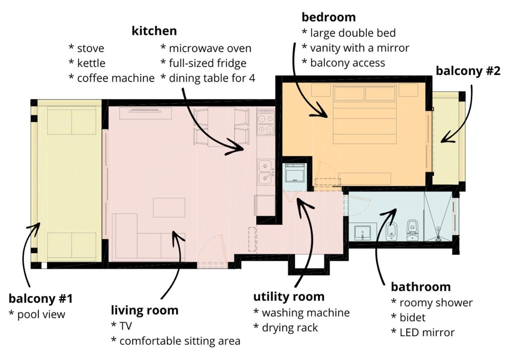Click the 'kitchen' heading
(154, 31)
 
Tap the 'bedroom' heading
(329, 17)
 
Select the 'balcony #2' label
(468, 71)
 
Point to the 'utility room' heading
(289, 297)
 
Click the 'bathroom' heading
(421, 287)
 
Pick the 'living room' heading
(144, 310)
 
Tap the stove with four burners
(266, 123)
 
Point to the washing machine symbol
(295, 173)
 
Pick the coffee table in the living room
(169, 208)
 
